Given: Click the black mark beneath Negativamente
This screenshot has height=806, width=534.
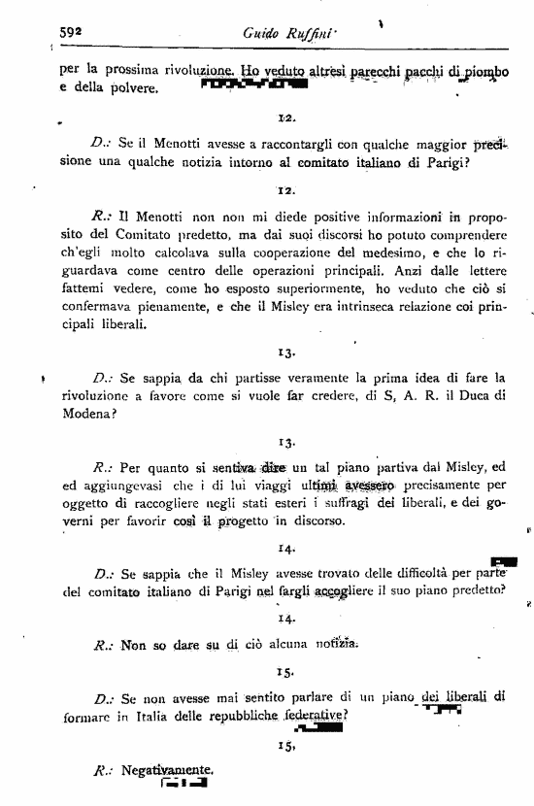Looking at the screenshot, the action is pyautogui.click(x=185, y=784).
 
